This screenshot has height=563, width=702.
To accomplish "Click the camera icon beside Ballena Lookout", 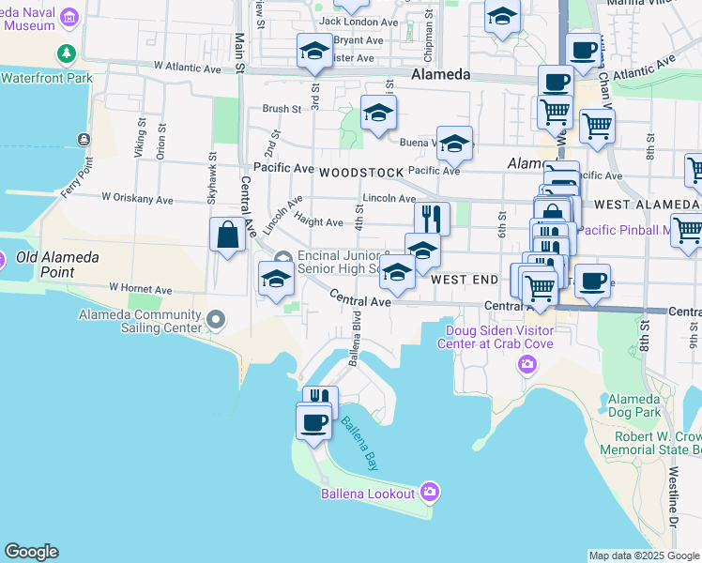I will coord(430,491).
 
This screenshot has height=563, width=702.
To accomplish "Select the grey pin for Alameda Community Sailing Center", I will coord(216,322).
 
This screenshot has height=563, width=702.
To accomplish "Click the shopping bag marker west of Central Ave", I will coord(228,235).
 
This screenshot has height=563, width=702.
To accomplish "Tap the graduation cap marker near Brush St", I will coord(378,114).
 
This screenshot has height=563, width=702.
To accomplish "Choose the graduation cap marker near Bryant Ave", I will coord(314,51).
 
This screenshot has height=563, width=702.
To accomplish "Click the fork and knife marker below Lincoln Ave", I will coord(432,219).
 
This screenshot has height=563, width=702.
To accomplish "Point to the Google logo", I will coord(31,552).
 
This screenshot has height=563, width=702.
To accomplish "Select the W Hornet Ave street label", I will coord(141,288).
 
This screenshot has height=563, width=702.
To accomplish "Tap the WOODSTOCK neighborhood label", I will coord(360,173).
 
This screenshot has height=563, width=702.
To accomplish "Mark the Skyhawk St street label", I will coord(213,178).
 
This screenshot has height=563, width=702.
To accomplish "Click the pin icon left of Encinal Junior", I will coord(282,259).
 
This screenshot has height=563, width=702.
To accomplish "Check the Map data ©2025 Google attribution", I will coord(644,555).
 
